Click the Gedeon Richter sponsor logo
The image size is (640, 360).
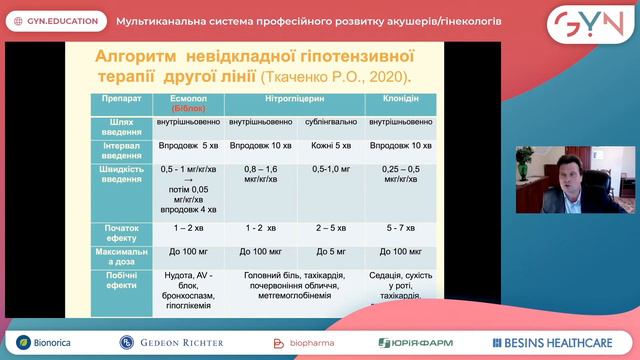point(171,343)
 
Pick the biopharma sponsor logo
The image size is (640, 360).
point(299,343)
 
